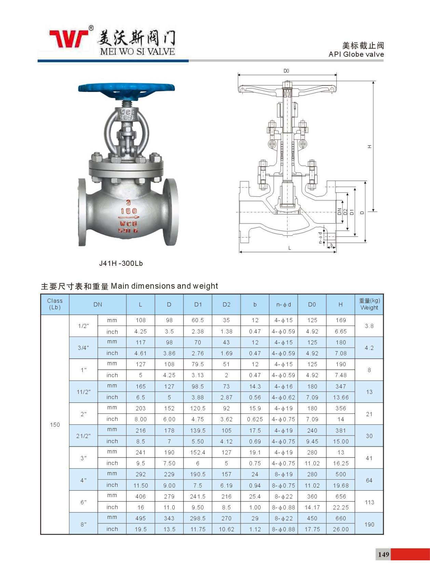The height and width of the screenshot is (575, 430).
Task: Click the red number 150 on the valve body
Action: [129, 211]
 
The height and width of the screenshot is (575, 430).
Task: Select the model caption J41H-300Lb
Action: [121, 263]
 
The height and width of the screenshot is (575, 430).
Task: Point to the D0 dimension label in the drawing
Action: [286, 71]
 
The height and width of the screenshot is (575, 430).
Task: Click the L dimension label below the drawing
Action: [290, 248]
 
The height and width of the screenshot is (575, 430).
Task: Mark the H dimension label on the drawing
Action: [369, 147]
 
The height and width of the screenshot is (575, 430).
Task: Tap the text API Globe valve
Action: [356, 54]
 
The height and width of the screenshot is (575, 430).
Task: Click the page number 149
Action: [384, 554]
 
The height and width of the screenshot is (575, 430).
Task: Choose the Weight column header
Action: [369, 304]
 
